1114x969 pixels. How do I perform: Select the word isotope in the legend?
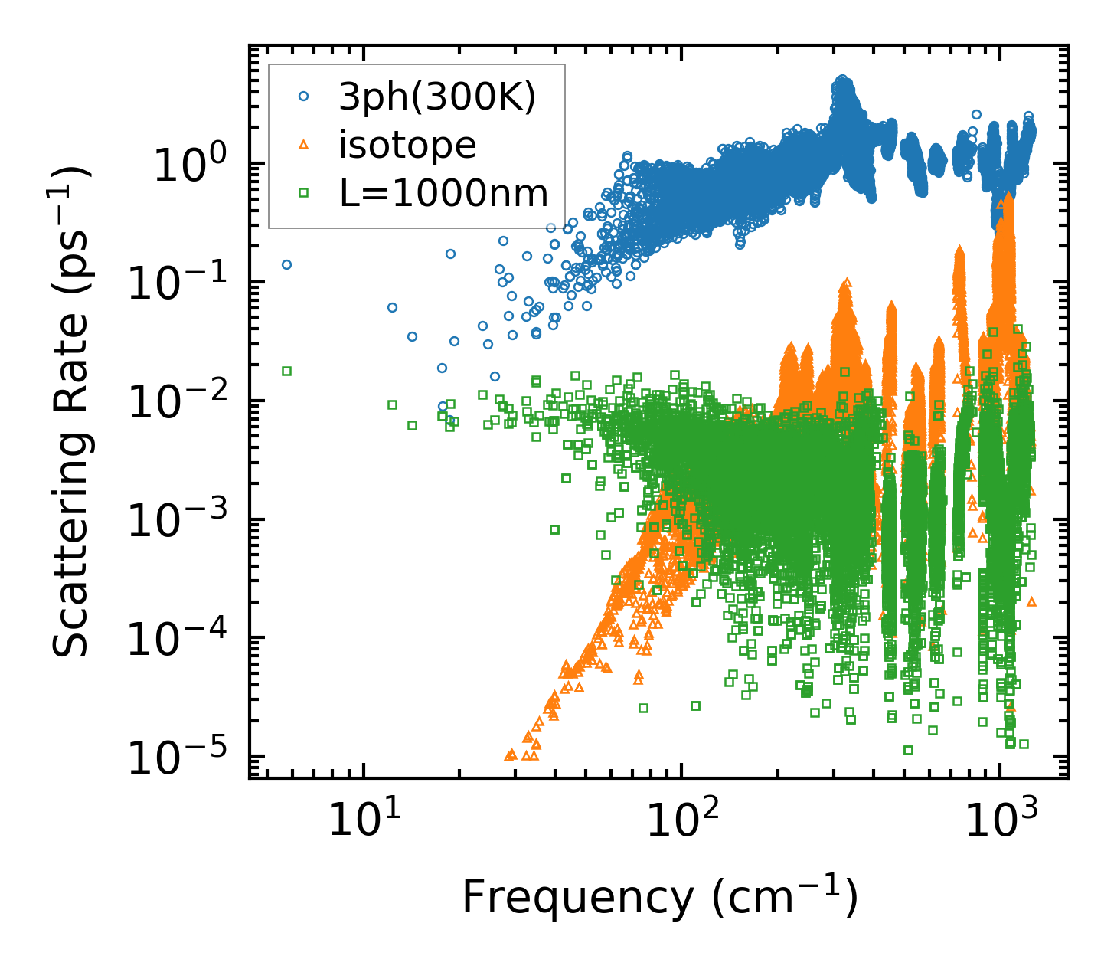point(407,145)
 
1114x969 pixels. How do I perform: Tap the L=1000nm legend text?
point(444,193)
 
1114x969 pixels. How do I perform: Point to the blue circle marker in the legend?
point(304,97)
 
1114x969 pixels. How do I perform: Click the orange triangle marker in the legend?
point(304,145)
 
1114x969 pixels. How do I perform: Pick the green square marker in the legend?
point(304,193)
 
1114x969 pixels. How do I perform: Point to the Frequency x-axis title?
point(659,897)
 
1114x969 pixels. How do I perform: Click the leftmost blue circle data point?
point(286,264)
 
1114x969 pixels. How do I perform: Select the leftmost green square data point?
point(286,371)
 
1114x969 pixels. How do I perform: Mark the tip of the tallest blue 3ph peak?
point(843,78)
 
